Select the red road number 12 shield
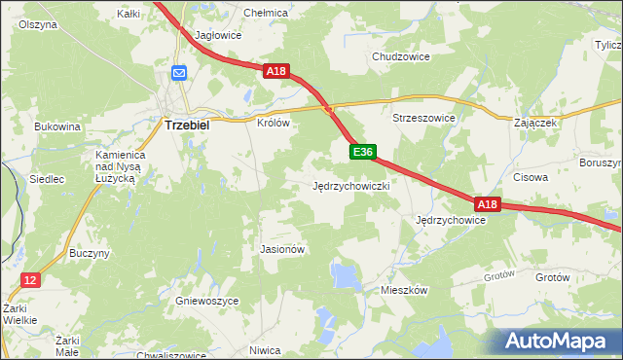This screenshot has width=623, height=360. tap(31, 280)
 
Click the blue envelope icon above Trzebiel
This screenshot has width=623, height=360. tap(179, 73)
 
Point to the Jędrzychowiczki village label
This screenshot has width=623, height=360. tap(351, 185)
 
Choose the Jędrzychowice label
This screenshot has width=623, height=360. tap(450, 221)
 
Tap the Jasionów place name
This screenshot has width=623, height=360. tap(282, 249)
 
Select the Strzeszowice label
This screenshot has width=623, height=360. tap(423, 118)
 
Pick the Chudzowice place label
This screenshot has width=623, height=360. tap(401, 56)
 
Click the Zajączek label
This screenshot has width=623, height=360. tap(534, 124)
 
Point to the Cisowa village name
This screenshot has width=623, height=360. tap(531, 178)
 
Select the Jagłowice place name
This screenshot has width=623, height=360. tap(218, 35)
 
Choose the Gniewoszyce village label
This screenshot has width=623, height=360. tap(206, 302)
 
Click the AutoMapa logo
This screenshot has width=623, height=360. tap(557, 341)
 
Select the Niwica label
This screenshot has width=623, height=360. tap(265, 349)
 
